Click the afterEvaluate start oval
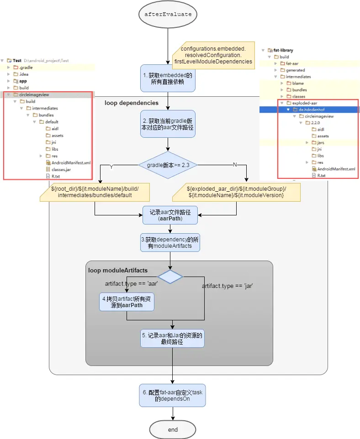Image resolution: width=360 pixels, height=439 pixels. click(x=168, y=15)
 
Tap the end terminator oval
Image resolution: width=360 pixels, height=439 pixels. click(x=173, y=429)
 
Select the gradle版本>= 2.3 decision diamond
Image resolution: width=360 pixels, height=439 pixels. click(x=168, y=165)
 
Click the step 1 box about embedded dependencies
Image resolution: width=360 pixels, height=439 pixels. click(x=168, y=78)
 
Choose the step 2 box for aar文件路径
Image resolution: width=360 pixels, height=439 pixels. click(x=168, y=124)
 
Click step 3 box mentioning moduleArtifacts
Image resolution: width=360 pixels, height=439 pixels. click(x=170, y=242)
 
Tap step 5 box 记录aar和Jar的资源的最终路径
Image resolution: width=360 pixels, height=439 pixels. click(x=172, y=339)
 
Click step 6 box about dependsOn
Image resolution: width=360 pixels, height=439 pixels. click(x=172, y=396)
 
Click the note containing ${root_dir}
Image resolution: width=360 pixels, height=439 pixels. click(x=95, y=192)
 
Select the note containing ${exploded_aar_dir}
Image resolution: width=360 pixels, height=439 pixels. click(x=237, y=192)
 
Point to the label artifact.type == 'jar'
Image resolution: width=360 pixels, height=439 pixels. click(x=228, y=286)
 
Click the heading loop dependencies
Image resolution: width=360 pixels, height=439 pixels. click(x=132, y=103)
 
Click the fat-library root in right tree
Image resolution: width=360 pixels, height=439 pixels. click(x=284, y=50)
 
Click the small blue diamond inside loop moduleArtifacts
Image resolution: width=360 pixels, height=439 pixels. click(x=170, y=277)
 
